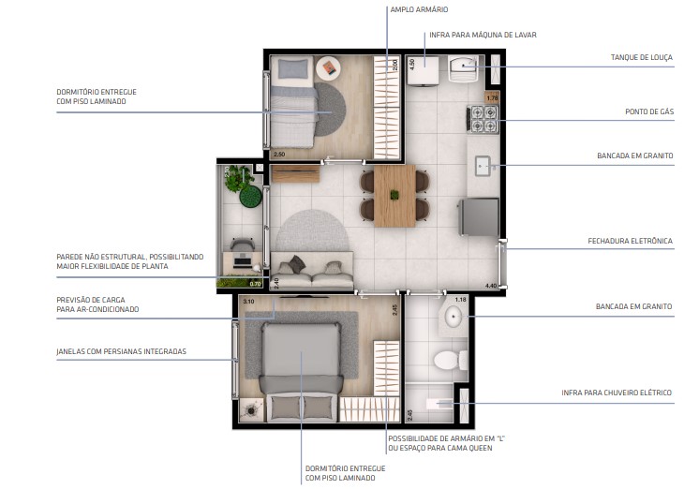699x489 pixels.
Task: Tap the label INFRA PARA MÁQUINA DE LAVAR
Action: (x=482, y=35)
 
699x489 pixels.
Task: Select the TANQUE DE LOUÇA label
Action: (x=641, y=57)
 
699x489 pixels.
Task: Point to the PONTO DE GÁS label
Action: (x=649, y=111)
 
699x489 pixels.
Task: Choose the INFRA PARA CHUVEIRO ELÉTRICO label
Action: (x=617, y=393)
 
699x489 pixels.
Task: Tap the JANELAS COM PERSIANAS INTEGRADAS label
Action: (x=121, y=351)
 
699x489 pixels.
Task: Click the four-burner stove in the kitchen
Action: (x=483, y=119)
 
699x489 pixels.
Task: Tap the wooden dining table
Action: (x=394, y=195)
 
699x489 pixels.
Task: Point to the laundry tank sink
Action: (x=465, y=69)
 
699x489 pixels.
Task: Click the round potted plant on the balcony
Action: (x=250, y=196)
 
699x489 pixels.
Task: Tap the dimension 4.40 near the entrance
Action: (x=490, y=286)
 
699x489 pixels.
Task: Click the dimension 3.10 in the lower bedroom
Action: (x=248, y=303)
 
